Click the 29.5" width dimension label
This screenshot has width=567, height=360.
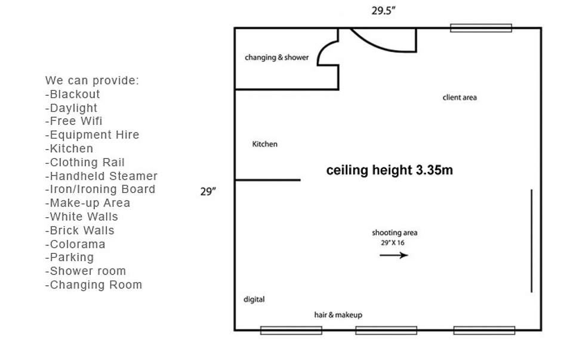pos(383,11)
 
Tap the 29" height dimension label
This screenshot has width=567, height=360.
pos(208,192)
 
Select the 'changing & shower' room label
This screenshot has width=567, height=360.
pos(276,57)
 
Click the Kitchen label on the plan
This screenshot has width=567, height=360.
pos(264,144)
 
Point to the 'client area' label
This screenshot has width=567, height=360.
pos(460,97)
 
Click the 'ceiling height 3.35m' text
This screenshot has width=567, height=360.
pos(390,170)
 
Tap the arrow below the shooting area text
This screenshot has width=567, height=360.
pos(394,255)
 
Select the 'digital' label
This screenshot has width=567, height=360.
pos(254,299)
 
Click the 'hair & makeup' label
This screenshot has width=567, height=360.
pos(338,315)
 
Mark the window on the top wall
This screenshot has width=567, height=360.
pos(481,28)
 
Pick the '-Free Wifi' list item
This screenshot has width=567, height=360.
pos(74,121)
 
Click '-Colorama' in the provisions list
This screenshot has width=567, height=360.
pos(75,244)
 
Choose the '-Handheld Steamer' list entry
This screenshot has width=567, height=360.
pos(101,176)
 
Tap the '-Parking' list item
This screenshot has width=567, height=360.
pos(69,257)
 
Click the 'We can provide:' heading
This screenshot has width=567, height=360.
pos(92,81)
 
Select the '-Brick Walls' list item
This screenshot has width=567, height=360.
pos(79,230)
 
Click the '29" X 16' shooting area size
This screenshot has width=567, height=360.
pos(393,243)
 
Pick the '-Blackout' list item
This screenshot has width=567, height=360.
pos(72,94)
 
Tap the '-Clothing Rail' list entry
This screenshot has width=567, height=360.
pos(85,162)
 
